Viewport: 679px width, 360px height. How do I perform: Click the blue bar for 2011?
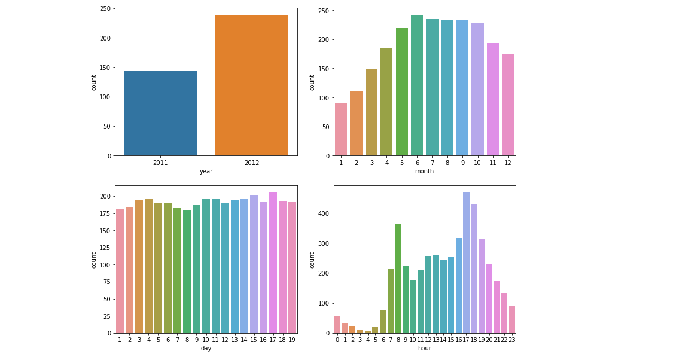coord(160,113)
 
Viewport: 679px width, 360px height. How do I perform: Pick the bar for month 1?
coord(341,129)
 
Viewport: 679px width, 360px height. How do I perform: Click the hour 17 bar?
coord(466,263)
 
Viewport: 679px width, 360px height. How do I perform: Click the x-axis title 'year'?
coord(206,172)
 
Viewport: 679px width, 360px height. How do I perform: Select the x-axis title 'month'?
coord(424,172)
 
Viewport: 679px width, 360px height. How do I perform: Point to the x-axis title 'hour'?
coord(424,349)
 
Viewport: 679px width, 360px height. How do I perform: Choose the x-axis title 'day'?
coord(206,349)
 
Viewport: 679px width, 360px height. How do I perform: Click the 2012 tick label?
coord(251,163)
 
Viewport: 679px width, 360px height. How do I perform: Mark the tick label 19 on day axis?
coord(293,340)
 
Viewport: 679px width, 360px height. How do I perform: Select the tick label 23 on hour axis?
coord(512,340)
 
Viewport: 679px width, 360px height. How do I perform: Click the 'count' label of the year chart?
coord(94,82)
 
